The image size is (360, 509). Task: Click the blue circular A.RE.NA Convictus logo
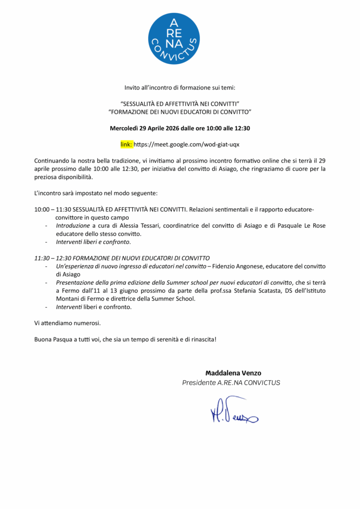coord(174,39)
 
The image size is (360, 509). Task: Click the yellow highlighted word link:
coord(126,145)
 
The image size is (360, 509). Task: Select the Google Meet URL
coord(186,145)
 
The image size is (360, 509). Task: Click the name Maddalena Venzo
coord(233,373)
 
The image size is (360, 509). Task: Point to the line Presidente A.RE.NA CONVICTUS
coord(231,383)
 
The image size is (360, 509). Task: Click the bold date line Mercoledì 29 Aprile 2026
coord(180,128)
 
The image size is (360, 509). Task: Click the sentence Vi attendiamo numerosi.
coord(68,323)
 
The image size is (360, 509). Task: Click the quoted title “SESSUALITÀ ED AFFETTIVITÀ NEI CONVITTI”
coord(180,104)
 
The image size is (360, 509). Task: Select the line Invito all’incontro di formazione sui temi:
coord(180,87)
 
